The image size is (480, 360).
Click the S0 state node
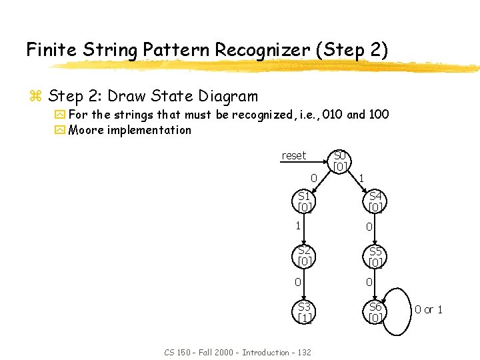340,161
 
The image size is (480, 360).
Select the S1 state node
304,201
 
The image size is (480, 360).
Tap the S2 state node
304,256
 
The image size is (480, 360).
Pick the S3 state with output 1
304,312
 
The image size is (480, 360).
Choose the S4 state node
375,201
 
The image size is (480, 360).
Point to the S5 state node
375,256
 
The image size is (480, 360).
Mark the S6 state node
375,312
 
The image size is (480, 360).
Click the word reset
293,155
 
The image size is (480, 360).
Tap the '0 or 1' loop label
429,309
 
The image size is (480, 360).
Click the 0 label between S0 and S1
313,178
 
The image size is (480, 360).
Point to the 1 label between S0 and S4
361,178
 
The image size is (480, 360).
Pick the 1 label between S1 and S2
298,225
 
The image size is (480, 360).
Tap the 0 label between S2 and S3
298,282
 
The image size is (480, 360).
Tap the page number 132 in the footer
303,352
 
